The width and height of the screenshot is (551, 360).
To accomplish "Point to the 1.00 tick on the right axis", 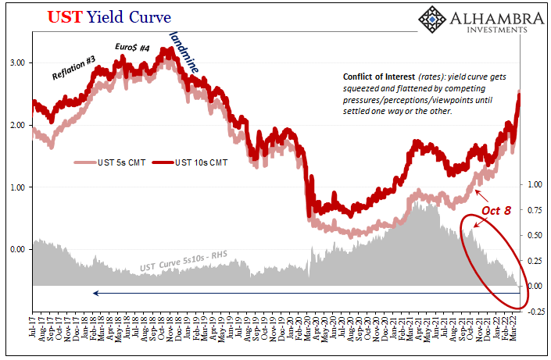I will click(535, 184).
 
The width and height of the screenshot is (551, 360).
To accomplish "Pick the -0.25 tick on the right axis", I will click(534, 312).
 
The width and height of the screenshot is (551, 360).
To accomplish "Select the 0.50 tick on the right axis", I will click(535, 235).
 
